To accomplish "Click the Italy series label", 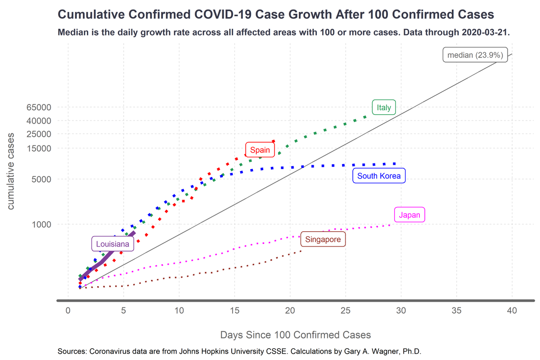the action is point(384,107).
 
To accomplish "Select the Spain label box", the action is point(260,150).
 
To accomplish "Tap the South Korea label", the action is point(379,176).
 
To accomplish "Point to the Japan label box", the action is point(409,215).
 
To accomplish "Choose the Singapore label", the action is point(323,239).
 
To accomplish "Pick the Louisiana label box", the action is point(112,244).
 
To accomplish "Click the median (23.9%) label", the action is point(475,55).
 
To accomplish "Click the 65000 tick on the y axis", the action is point(39,107).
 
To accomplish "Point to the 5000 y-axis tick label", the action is point(41,179).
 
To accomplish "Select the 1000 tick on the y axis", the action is point(41,225).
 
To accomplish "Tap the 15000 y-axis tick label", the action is point(39,148).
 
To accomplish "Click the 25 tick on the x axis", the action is point(346,310).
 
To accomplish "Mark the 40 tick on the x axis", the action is point(512,310).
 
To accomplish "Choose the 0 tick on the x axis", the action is point(68,310).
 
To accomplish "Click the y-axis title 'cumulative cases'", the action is point(11,171).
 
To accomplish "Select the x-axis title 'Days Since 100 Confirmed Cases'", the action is point(296,335).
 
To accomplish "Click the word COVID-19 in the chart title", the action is point(223,14).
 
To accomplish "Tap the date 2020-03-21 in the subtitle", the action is point(485,32).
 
